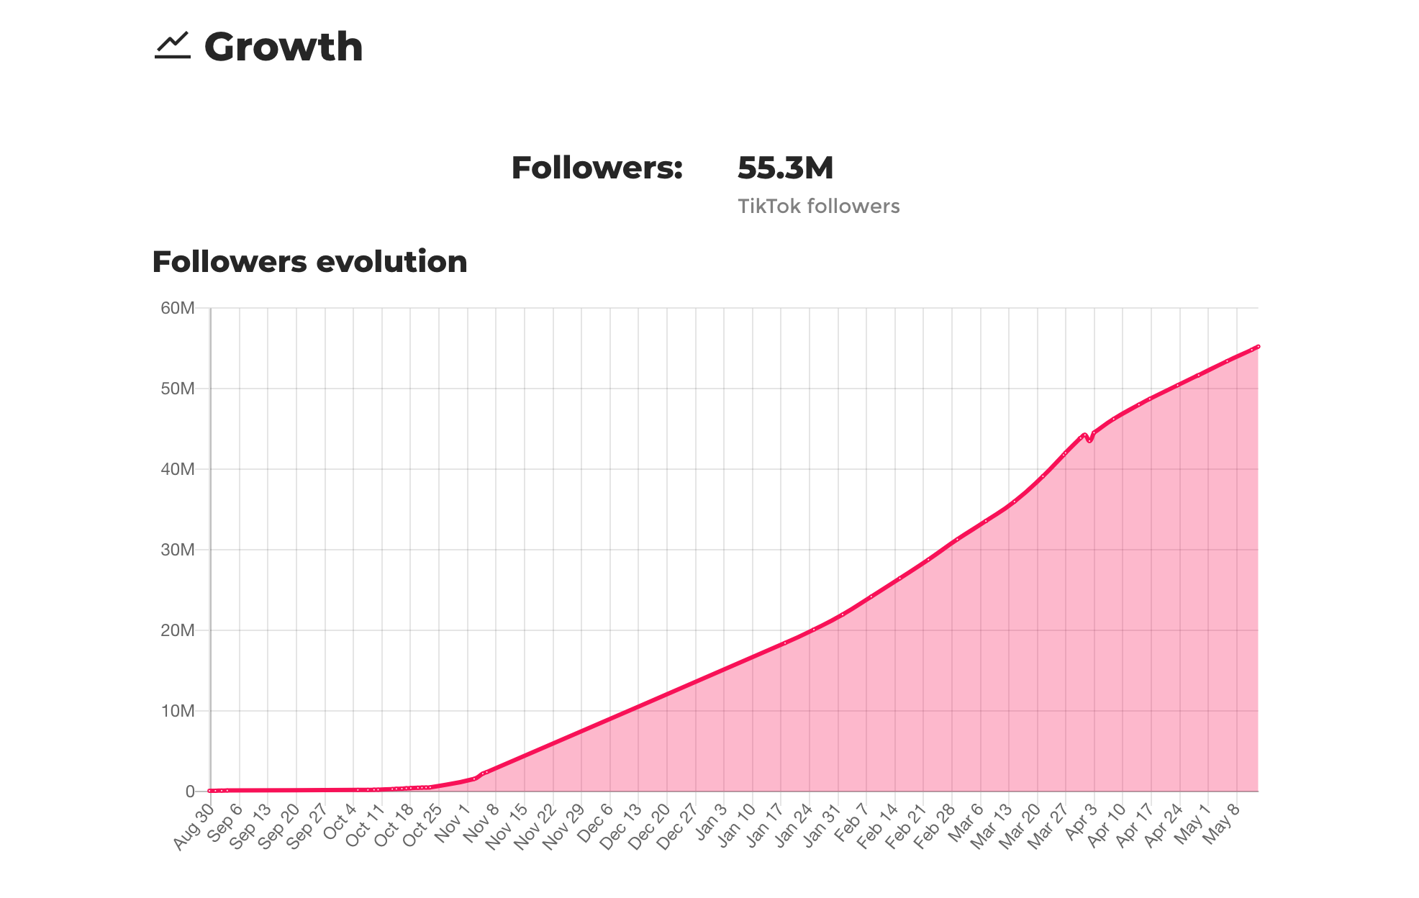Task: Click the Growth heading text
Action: [x=284, y=47]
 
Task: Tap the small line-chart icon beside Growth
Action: [x=173, y=45]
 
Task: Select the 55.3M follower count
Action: [x=785, y=168]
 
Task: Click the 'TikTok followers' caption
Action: [x=818, y=207]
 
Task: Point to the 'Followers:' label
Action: [x=597, y=168]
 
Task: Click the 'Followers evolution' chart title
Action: [x=309, y=262]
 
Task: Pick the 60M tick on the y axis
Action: [x=178, y=309]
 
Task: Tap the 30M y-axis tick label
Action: [x=178, y=550]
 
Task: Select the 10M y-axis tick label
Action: [x=178, y=712]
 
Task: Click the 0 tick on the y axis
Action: [x=190, y=792]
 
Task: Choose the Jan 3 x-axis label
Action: [x=712, y=823]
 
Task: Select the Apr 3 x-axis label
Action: [x=1081, y=823]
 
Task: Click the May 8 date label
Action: [x=1223, y=823]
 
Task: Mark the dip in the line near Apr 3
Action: [x=1089, y=440]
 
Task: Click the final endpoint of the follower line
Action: [x=1257, y=347]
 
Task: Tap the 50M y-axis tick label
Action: [x=178, y=389]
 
